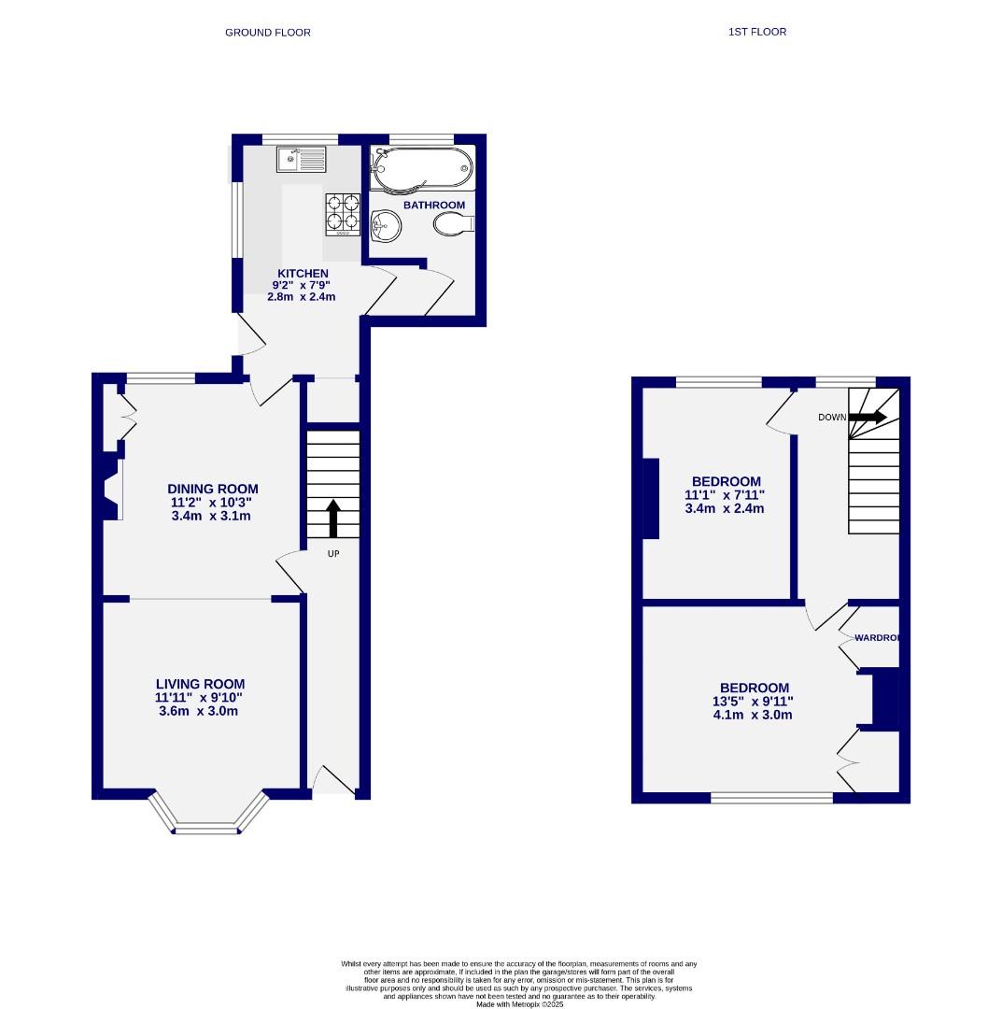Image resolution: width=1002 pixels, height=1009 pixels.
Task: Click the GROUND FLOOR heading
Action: click(267, 33)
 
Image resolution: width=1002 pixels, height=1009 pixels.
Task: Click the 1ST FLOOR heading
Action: click(756, 32)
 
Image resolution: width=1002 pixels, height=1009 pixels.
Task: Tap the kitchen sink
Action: click(301, 160)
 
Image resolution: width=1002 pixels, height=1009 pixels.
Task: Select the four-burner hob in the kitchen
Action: click(343, 213)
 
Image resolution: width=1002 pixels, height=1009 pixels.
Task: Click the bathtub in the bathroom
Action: click(419, 168)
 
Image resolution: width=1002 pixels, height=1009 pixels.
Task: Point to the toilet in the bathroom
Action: click(454, 223)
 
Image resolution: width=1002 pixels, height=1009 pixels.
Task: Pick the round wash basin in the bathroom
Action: click(386, 224)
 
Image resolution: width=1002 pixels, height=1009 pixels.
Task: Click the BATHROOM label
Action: click(433, 205)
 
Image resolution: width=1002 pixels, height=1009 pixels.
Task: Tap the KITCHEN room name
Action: click(303, 274)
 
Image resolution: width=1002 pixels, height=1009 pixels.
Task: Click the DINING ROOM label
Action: click(212, 489)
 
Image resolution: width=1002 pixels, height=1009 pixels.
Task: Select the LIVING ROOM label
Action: click(200, 684)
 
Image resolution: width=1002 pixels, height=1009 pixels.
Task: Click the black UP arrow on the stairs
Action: click(332, 518)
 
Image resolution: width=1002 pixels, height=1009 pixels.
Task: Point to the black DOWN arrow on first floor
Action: click(868, 417)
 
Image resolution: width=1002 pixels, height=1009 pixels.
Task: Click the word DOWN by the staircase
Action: click(832, 418)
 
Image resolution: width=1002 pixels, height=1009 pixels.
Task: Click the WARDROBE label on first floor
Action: click(877, 638)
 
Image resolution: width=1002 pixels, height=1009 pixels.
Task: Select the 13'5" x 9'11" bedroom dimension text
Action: click(753, 702)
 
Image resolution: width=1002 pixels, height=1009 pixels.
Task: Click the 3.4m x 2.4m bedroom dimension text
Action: click(725, 509)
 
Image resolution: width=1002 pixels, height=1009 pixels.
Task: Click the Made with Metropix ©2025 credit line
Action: click(519, 1003)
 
